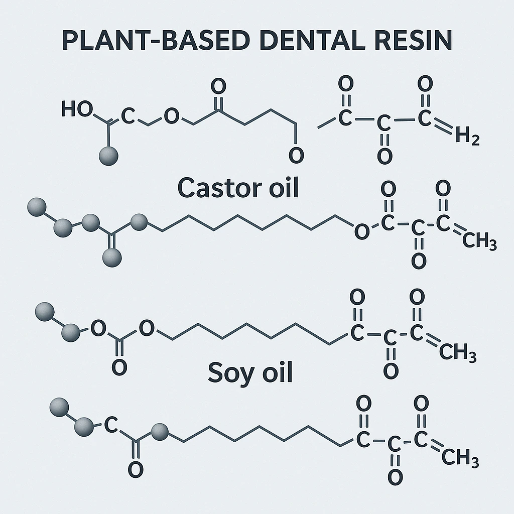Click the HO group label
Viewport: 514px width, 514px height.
(x=77, y=109)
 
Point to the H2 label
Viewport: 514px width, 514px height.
(x=467, y=137)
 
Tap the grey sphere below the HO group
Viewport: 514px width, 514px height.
(x=108, y=156)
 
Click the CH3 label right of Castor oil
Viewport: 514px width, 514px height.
(x=479, y=243)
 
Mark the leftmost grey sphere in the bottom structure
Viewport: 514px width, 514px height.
(x=60, y=406)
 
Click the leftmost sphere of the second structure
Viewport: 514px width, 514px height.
(x=36, y=206)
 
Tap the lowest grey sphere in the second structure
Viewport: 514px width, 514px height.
(x=111, y=258)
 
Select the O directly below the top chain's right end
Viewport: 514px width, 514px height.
(x=296, y=156)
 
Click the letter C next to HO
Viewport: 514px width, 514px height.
(x=128, y=117)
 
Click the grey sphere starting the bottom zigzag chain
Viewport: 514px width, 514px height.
(x=160, y=431)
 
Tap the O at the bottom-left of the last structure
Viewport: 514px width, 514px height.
(x=135, y=469)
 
